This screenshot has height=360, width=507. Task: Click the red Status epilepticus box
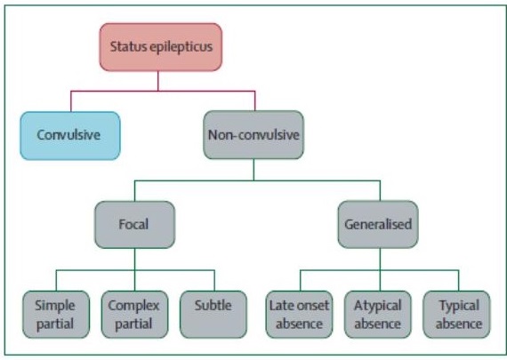[161, 47]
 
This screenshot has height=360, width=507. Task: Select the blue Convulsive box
[70, 136]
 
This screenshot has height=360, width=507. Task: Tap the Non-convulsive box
[253, 135]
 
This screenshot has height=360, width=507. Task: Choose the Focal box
[135, 225]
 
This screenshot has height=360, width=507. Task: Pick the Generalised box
[378, 225]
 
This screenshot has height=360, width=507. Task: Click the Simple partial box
[56, 315]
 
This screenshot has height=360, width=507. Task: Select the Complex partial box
[134, 315]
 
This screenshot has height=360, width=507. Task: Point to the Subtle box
[213, 315]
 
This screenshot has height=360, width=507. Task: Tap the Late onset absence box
[299, 315]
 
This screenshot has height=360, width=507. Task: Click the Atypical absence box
[378, 315]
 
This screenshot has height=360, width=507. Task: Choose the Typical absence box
[456, 315]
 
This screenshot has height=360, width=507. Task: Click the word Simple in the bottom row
[55, 307]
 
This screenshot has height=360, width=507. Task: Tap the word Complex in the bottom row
[133, 307]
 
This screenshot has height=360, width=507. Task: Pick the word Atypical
[378, 307]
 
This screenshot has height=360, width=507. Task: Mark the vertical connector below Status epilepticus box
[158, 81]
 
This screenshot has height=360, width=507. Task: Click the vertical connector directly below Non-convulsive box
[253, 170]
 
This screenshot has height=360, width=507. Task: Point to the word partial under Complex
[133, 324]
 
